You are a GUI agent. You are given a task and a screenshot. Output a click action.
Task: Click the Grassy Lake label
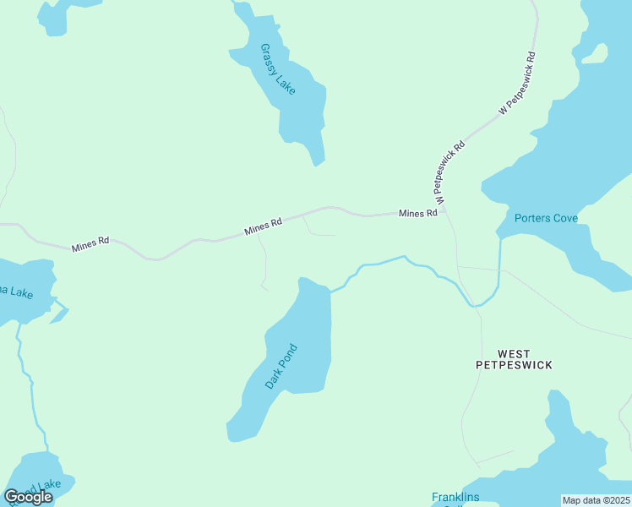coord(278,69)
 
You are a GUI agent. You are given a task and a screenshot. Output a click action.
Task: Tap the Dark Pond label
coord(281,366)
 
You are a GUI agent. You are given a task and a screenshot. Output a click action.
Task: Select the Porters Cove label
coord(546,218)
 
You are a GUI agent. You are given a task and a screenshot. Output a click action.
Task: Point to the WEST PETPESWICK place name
coord(514,359)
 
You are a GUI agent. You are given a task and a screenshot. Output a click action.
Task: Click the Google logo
coord(28,497)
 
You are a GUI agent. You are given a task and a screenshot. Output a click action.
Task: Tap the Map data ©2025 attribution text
coord(597,500)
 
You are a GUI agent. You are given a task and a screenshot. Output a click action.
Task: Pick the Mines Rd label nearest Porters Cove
coord(418,214)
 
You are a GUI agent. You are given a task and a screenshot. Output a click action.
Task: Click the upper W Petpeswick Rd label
coord(518,84)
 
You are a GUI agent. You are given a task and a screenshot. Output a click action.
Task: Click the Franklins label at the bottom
coord(455,498)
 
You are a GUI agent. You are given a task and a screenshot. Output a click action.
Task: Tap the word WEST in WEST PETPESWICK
coord(514,353)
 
